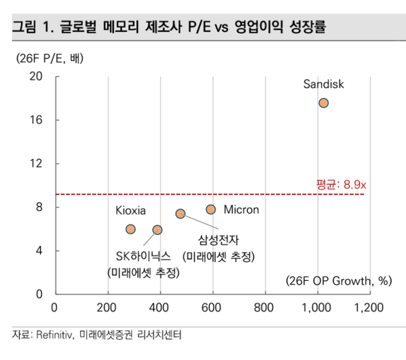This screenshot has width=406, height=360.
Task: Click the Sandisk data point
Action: [323, 103]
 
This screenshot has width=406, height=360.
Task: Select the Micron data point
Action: [211, 209]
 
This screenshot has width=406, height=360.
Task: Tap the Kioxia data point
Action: [131, 229]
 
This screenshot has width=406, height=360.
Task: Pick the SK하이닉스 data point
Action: [157, 230]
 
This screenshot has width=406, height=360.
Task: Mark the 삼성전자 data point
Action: [180, 214]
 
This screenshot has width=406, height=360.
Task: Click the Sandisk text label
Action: [324, 85]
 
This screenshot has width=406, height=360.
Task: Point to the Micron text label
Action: [241, 210]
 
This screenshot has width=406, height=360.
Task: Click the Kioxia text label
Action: [131, 211]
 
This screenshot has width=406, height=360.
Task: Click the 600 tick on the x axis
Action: [213, 307]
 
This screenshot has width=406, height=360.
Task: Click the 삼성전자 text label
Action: [217, 240]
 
